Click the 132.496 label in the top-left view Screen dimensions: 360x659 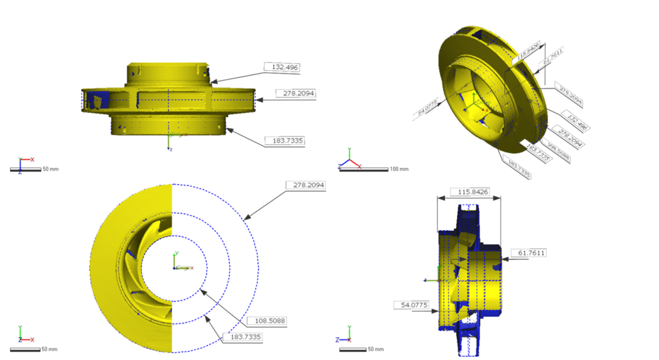pos(286,66)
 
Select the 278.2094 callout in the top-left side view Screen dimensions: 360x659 pos(296,93)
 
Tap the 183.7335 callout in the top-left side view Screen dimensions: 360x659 pos(285,140)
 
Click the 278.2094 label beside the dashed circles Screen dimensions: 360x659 pos(306,185)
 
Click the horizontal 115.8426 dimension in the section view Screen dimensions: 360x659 pos(469,191)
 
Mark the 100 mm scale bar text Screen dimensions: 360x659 pos(399,169)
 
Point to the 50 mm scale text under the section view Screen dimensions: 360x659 pos(376,349)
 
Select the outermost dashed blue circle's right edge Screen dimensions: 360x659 pos(259,268)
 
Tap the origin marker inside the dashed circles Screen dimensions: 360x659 pos(175,268)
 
